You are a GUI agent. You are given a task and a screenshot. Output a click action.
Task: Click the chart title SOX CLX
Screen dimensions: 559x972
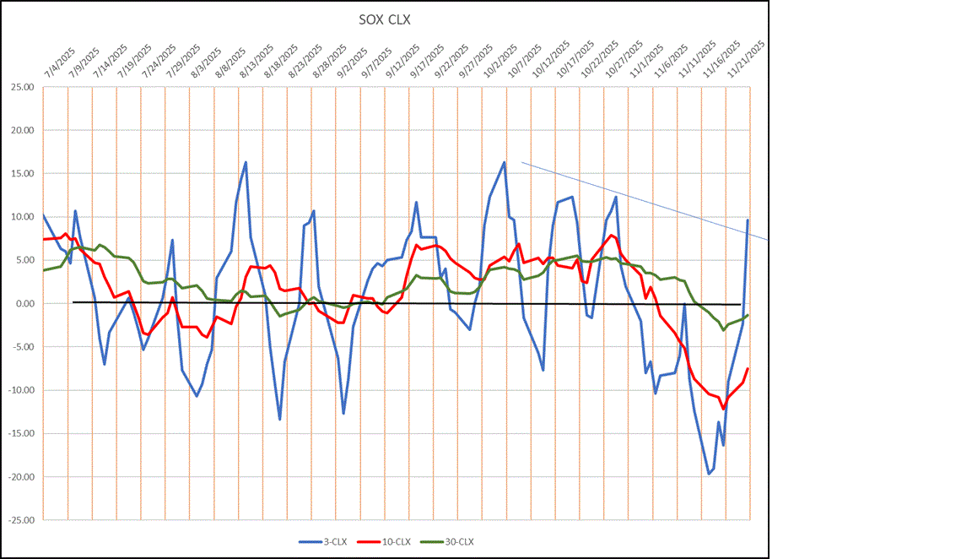point(385,19)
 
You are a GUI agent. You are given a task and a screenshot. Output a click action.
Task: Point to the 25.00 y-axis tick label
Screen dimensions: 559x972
point(21,87)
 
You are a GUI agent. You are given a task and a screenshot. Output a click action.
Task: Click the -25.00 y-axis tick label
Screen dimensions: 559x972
point(19,520)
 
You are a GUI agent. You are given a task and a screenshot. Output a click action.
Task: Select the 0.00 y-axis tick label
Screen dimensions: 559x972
point(23,303)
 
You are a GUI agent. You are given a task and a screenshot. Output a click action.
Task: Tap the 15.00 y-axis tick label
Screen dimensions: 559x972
point(21,173)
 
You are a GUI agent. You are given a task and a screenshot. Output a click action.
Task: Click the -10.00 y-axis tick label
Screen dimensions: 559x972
point(19,390)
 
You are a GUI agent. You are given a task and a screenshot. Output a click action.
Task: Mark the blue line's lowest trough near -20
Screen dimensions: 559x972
point(709,474)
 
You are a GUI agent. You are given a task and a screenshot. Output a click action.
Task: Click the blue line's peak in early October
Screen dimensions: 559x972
point(504,162)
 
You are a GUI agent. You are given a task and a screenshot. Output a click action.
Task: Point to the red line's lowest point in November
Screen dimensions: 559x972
point(723,409)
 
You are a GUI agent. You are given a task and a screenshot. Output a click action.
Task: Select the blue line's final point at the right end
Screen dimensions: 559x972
point(748,220)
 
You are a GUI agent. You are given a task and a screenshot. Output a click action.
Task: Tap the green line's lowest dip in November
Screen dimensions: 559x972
point(723,329)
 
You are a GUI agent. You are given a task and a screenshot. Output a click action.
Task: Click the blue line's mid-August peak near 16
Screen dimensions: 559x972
point(246,162)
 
